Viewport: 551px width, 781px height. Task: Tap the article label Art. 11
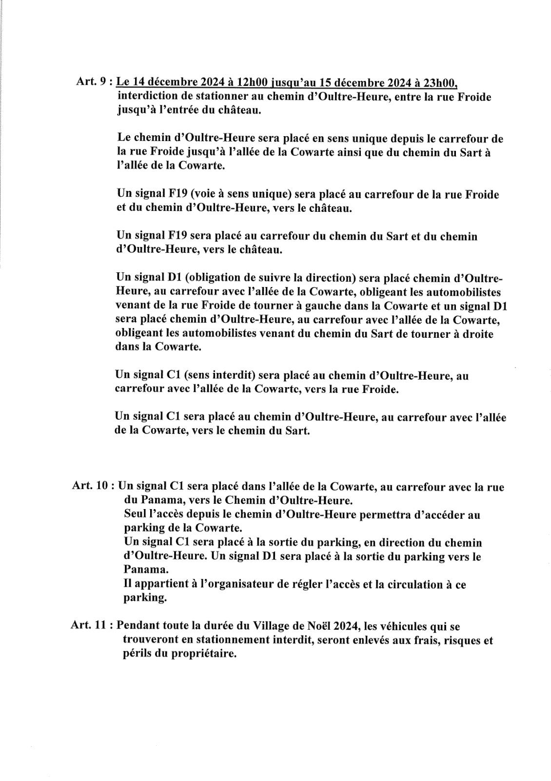click(90, 625)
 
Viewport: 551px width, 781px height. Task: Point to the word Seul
click(136, 514)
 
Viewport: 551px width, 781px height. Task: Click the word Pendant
click(140, 625)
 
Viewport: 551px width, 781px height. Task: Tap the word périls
click(138, 654)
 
